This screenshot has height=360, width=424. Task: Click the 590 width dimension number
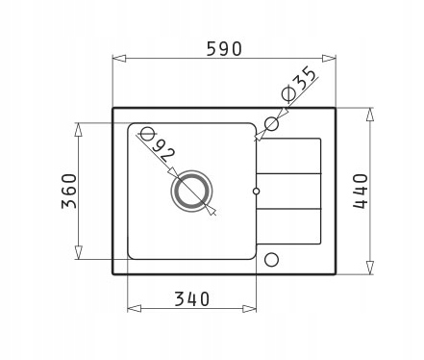224,49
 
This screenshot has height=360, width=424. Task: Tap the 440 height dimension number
361,192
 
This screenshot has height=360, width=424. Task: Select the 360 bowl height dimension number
69,192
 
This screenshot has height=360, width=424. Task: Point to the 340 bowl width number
191,298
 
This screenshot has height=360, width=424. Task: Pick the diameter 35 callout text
299,83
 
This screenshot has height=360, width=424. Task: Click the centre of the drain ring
191,192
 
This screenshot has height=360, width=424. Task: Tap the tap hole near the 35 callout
272,123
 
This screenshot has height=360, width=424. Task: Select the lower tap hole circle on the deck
272,260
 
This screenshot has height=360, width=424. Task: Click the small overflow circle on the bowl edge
256,192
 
